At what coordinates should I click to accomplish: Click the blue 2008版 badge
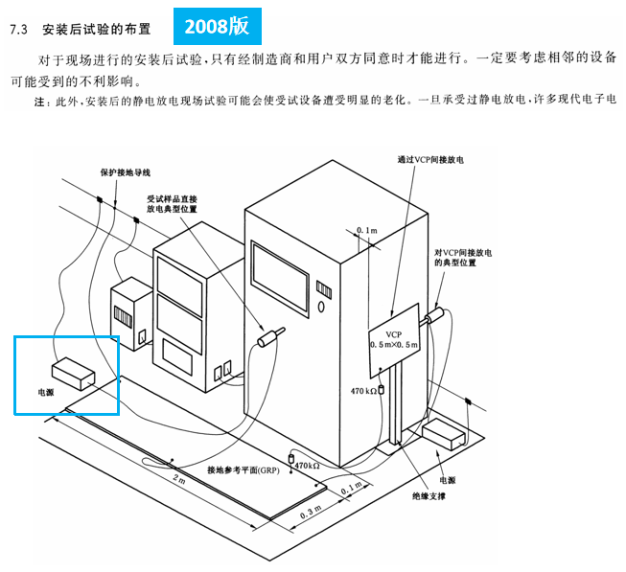tap(217, 26)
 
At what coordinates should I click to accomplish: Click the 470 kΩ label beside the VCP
tap(362, 391)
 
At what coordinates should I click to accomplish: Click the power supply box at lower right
tap(445, 432)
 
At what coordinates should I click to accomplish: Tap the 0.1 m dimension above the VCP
tap(366, 231)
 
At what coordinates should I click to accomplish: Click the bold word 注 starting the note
tap(39, 100)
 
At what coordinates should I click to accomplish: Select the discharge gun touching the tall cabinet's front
tap(270, 336)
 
